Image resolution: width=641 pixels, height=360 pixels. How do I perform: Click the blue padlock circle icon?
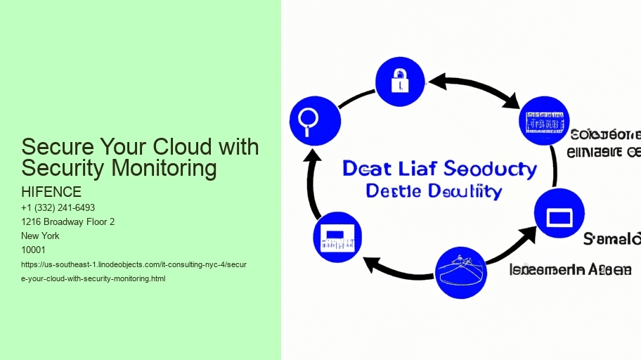400,82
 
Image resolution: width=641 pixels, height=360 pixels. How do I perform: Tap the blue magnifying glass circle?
315,121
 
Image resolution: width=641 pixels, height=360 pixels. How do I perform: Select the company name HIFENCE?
51,192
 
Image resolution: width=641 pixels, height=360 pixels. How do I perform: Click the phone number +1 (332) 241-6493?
58,208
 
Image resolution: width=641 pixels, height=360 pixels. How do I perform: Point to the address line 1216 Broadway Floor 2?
68,222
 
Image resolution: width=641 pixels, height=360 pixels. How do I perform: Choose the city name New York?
41,236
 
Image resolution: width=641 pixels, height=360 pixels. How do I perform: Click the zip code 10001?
34,250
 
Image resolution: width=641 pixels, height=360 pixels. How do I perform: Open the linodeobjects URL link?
134,272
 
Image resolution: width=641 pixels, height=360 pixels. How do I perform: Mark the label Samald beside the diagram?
611,240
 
